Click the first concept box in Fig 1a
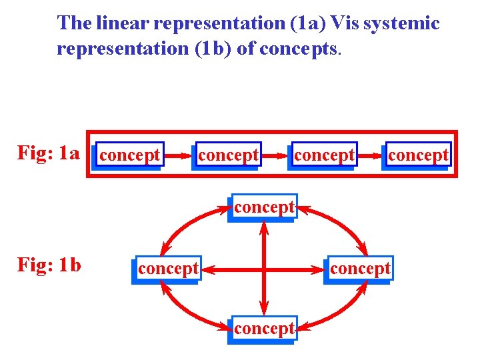click(x=129, y=155)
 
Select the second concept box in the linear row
click(x=228, y=155)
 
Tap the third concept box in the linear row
click(x=324, y=155)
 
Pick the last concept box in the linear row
click(x=418, y=155)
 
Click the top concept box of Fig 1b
click(x=264, y=207)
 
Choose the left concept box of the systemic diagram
click(x=168, y=269)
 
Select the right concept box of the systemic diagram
click(x=360, y=269)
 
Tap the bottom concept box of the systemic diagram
click(x=264, y=329)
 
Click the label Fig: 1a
click(x=48, y=153)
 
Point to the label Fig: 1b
click(x=49, y=265)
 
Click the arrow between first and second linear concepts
click(x=177, y=156)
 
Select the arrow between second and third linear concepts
click(x=275, y=156)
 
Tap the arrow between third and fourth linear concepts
click(x=371, y=156)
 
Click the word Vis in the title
click(x=345, y=23)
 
